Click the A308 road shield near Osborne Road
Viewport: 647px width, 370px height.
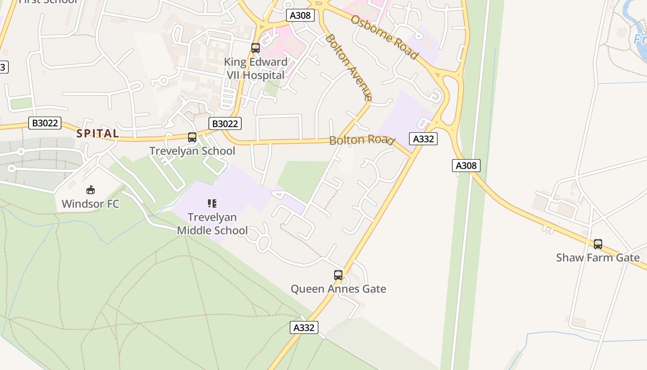click(300, 15)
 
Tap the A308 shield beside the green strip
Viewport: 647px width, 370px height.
click(466, 166)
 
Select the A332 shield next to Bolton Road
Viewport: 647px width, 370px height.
click(423, 139)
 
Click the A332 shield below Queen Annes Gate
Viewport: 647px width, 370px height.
click(304, 327)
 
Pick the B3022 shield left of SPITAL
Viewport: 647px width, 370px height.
click(45, 123)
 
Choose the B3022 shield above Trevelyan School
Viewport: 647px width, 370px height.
click(225, 123)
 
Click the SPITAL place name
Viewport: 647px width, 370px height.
click(98, 134)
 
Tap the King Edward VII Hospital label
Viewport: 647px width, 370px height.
click(256, 68)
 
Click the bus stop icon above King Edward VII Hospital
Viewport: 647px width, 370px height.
click(256, 48)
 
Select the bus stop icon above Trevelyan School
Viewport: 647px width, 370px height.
click(192, 137)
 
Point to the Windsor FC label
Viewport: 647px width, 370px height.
click(91, 203)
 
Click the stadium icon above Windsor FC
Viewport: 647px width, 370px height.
click(91, 190)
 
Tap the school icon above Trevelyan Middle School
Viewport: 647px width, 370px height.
click(212, 203)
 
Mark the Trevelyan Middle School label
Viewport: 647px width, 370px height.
click(212, 223)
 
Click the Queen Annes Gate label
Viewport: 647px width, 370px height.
click(338, 289)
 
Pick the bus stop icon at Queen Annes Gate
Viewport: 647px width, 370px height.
click(338, 275)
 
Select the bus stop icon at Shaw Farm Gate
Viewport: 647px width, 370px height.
click(598, 244)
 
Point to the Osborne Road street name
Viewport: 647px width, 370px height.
click(385, 37)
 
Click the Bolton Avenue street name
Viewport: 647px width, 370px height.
click(348, 67)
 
